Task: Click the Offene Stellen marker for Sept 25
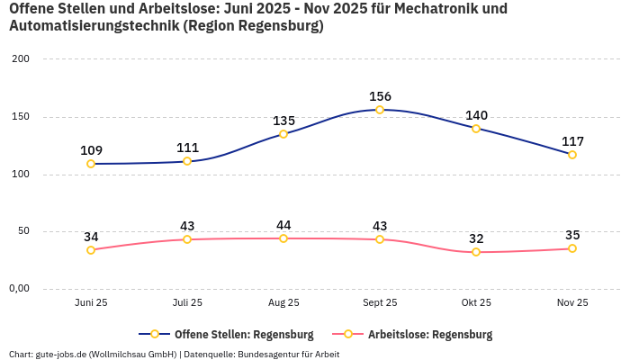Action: (380, 110)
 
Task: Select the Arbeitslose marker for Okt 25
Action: (476, 252)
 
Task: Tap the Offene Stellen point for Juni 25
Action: (91, 164)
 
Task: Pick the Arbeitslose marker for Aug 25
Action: (283, 238)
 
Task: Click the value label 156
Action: (380, 96)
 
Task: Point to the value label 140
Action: (476, 115)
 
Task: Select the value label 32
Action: (476, 238)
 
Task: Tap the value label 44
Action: (283, 225)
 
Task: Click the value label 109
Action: (91, 150)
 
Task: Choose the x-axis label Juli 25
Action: (187, 303)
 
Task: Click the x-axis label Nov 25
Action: (572, 303)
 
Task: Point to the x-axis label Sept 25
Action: (380, 303)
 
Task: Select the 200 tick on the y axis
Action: (20, 58)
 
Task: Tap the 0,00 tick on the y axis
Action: (20, 288)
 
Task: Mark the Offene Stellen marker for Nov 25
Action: (572, 155)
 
